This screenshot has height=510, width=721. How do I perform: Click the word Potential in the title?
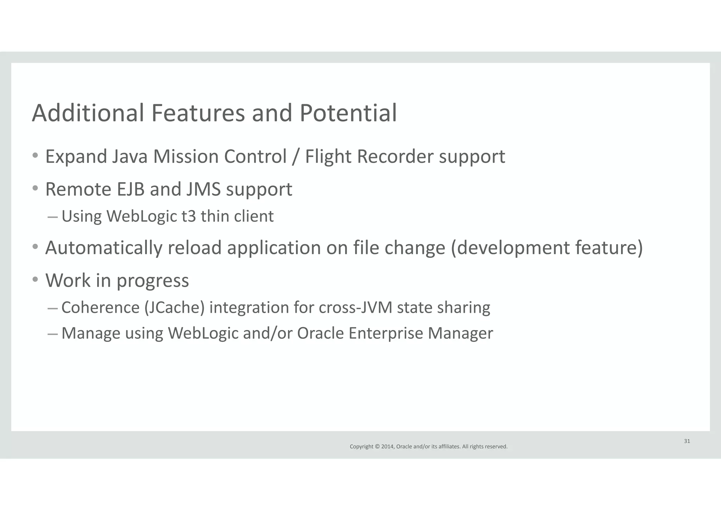coord(348,113)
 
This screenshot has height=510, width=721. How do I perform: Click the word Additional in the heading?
coord(88,113)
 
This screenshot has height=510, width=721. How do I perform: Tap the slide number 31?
coord(687,441)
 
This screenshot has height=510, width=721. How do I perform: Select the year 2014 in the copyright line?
coord(387,447)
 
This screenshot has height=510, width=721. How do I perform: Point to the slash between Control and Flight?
coord(296,156)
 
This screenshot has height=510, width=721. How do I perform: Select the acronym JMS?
coord(203,189)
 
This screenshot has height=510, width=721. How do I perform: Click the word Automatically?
coord(104,248)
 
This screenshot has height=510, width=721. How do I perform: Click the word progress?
coord(152,281)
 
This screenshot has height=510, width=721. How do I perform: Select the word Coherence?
coord(100,307)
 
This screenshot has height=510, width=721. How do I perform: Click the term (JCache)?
coord(174,307)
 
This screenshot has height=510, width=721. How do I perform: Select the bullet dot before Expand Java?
coord(35,155)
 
